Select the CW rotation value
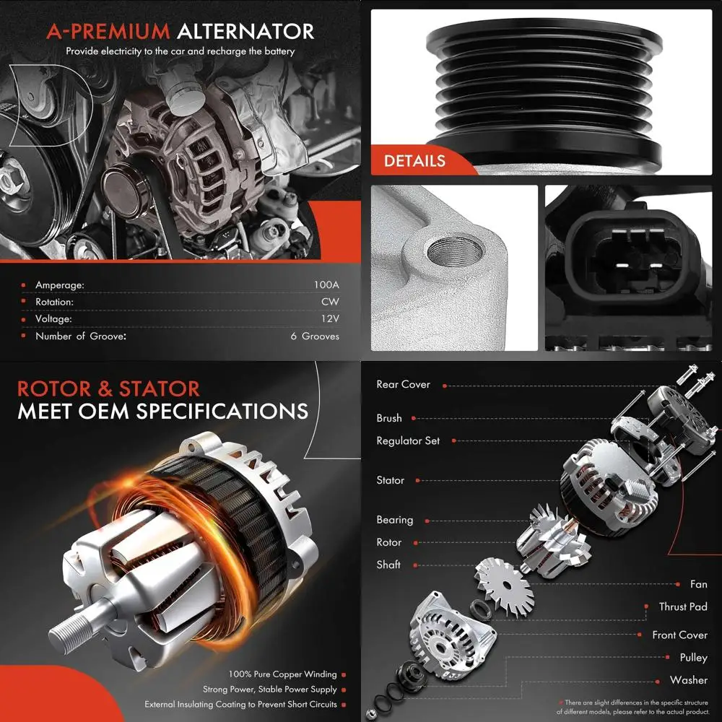click(330, 302)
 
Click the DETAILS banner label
click(414, 161)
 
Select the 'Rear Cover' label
click(403, 384)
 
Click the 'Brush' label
click(389, 418)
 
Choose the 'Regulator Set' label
click(408, 440)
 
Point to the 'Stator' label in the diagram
click(391, 480)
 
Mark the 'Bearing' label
click(395, 520)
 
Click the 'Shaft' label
click(388, 565)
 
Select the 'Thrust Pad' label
click(683, 606)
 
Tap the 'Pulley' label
click(693, 658)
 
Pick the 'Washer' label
click(689, 680)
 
